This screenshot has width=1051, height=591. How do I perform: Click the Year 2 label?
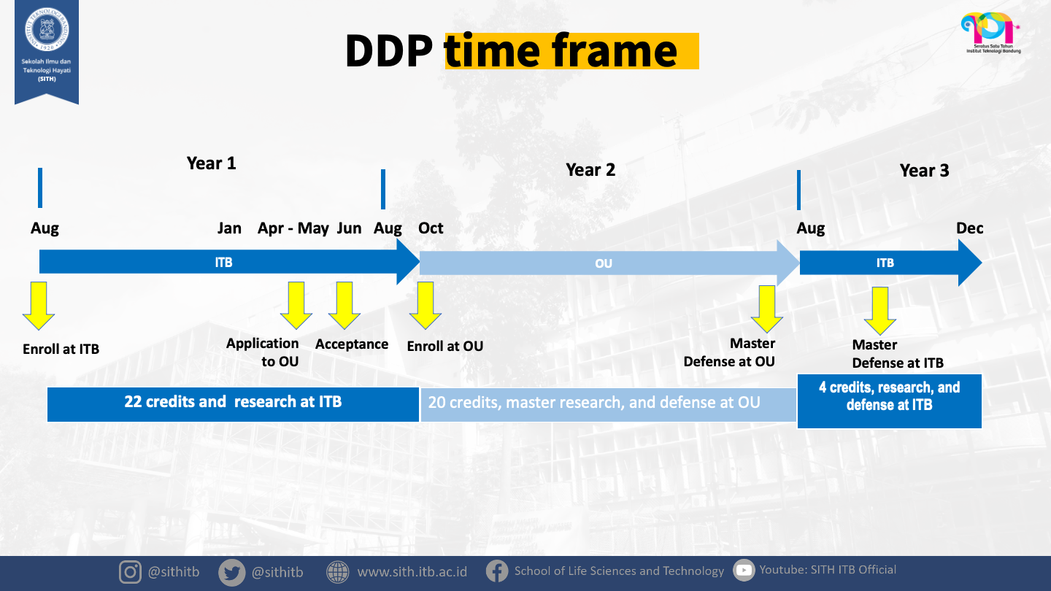click(x=590, y=170)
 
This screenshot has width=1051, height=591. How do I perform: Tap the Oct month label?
click(x=431, y=228)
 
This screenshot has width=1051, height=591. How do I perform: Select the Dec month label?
click(x=969, y=228)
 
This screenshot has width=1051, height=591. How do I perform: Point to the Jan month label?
click(x=229, y=228)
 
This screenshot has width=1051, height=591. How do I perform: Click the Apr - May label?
click(x=293, y=228)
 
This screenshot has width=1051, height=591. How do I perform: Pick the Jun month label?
click(x=349, y=228)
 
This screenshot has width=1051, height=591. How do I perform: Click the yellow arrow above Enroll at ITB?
click(x=39, y=306)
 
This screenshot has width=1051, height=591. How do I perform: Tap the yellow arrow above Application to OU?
click(x=296, y=306)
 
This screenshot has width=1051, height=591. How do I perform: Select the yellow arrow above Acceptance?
click(x=344, y=306)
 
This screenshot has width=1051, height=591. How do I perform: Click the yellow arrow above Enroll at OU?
click(x=426, y=306)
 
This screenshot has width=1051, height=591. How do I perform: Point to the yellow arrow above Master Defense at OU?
click(x=767, y=309)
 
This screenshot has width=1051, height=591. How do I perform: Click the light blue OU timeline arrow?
click(x=604, y=263)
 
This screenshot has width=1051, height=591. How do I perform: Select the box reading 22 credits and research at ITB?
click(x=233, y=403)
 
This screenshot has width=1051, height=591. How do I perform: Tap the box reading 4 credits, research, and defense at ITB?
click(x=889, y=401)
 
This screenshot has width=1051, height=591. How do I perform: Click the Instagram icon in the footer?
click(x=130, y=572)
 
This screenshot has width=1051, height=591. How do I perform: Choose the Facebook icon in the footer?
click(x=497, y=571)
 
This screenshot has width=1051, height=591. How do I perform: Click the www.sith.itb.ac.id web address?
click(x=412, y=571)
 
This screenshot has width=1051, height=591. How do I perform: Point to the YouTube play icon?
click(x=744, y=571)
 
